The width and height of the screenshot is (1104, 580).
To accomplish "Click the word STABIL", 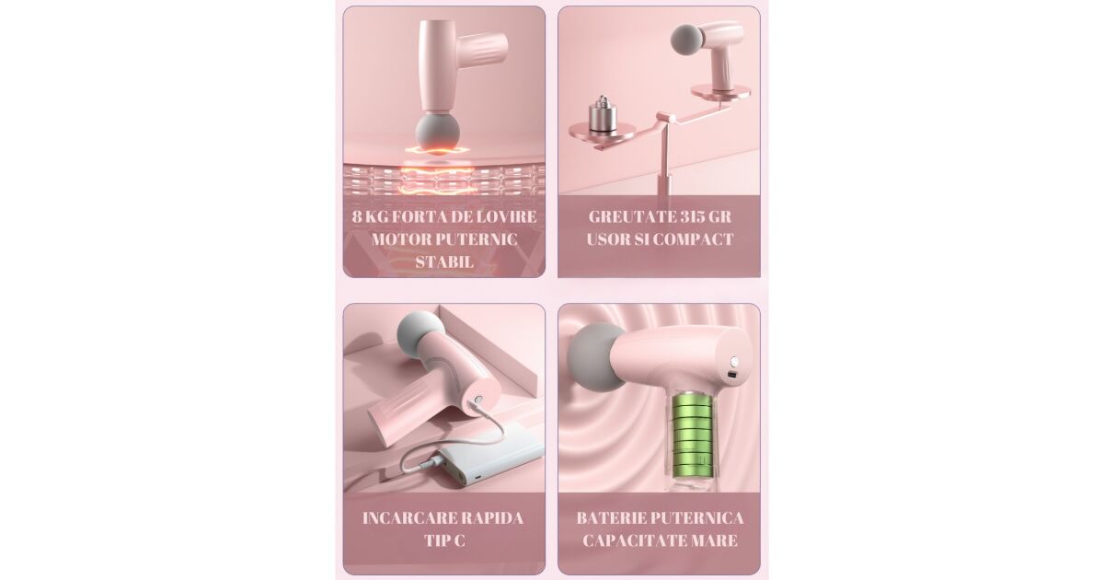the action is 444,261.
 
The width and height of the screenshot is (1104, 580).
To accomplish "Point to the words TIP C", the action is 444,540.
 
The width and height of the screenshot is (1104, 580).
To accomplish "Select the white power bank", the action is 492,458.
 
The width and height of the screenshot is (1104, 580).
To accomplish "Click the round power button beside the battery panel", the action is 734,362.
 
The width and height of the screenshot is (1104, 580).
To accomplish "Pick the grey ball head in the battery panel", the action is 594,357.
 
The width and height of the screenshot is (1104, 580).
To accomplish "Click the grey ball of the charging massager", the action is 419,331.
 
